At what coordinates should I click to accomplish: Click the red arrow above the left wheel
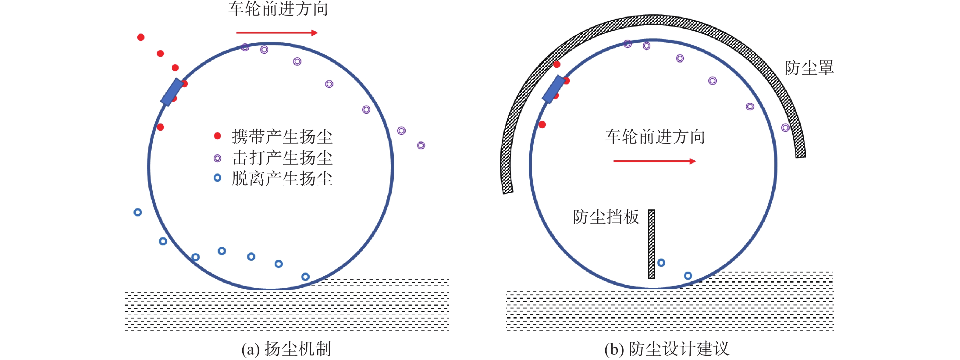click(x=277, y=33)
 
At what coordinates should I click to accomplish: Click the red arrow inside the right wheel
click(x=654, y=161)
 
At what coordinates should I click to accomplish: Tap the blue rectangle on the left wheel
click(x=172, y=92)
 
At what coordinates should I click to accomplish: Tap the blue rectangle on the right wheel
click(x=554, y=89)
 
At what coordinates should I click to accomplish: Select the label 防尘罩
click(x=809, y=68)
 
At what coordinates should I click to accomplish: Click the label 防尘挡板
click(x=606, y=217)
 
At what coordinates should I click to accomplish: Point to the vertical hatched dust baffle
click(x=652, y=244)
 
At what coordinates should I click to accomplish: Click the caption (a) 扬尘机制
click(x=286, y=349)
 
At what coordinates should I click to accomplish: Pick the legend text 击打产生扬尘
click(x=282, y=158)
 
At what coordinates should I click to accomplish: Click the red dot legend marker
click(x=217, y=136)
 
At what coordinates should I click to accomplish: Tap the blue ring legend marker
click(x=217, y=178)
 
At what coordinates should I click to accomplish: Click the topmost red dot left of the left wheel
click(x=141, y=37)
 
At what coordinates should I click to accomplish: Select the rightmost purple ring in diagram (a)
click(x=421, y=145)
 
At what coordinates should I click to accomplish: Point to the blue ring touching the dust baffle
click(x=661, y=263)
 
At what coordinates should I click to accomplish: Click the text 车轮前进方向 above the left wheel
click(x=278, y=9)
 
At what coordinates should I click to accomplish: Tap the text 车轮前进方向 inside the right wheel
click(x=655, y=137)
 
